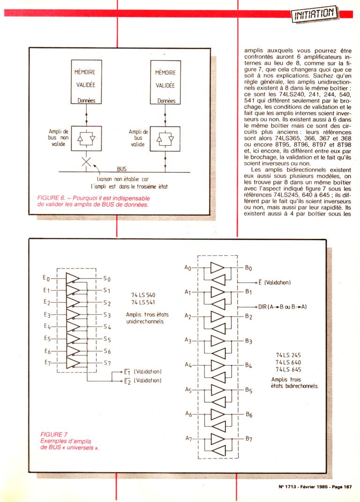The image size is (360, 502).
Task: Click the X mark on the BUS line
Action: pyautogui.click(x=86, y=162)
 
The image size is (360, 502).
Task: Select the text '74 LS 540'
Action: pyautogui.click(x=143, y=295)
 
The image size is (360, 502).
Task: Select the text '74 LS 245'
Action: pyautogui.click(x=288, y=354)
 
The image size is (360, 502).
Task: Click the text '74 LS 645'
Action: pyautogui.click(x=288, y=369)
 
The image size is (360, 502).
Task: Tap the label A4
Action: pyautogui.click(x=187, y=365)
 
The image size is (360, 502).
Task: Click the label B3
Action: pyautogui.click(x=248, y=341)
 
